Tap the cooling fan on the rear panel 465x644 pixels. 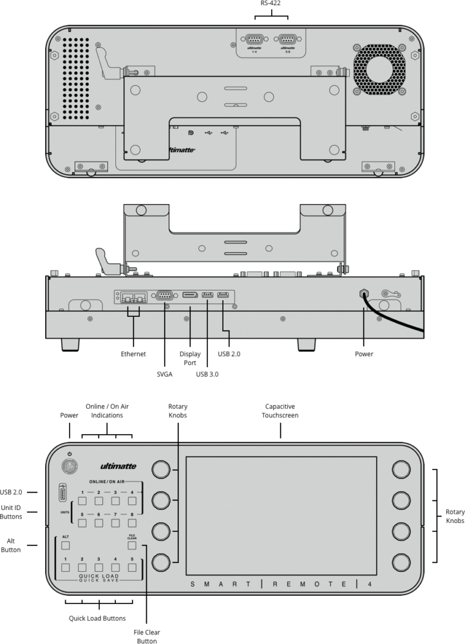click(379, 69)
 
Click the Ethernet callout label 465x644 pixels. click(133, 354)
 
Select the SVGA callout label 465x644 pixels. click(164, 374)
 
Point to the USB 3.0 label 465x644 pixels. click(207, 374)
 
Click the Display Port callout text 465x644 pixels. click(190, 358)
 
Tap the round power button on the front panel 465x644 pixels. click(69, 466)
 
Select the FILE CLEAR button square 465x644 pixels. click(131, 545)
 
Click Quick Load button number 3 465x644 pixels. click(99, 567)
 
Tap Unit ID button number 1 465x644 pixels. click(82, 501)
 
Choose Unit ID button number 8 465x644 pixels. click(131, 523)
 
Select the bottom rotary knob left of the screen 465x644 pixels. click(160, 561)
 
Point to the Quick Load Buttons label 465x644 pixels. click(98, 618)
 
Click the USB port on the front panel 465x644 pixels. click(63, 494)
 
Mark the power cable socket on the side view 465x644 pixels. click(364, 292)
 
